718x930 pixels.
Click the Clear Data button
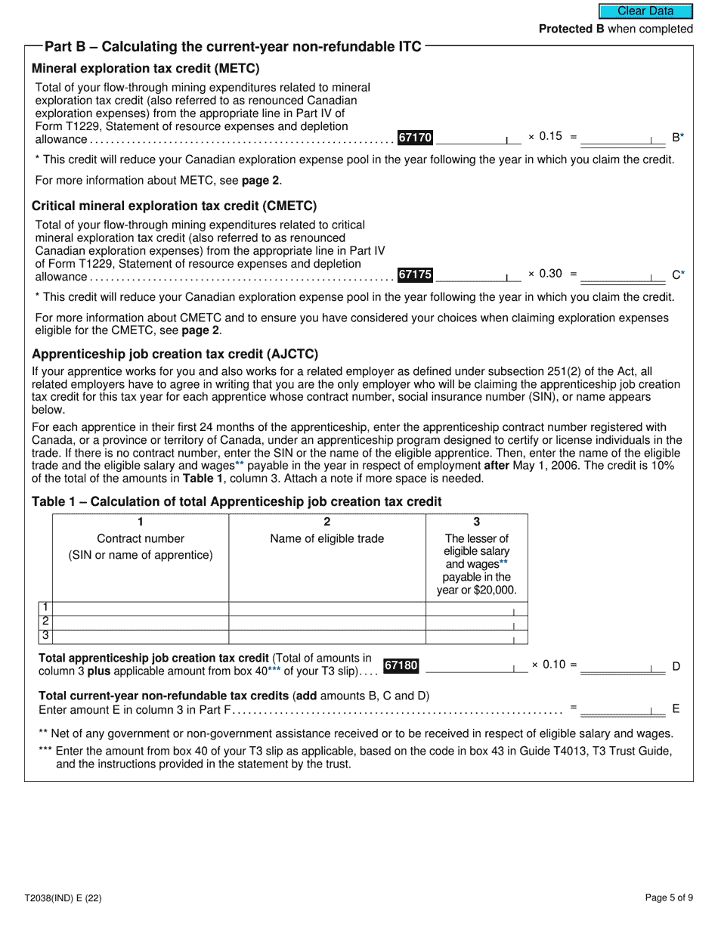click(x=645, y=11)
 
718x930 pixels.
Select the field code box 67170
click(x=415, y=138)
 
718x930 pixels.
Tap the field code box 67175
click(x=415, y=274)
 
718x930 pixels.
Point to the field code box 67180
click(x=401, y=665)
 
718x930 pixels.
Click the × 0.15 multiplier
click(x=545, y=137)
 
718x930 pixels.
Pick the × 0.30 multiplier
click(x=545, y=274)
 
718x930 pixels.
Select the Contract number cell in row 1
click(x=141, y=609)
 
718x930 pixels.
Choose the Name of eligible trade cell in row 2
click(x=327, y=622)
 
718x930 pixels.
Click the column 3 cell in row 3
click(x=476, y=637)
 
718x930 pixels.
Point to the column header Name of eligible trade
click(x=327, y=539)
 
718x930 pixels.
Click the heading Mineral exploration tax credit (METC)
click(x=145, y=69)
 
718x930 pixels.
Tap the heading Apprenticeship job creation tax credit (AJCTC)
click(x=175, y=354)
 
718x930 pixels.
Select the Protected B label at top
click(x=615, y=29)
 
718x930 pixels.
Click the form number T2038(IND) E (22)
click(x=63, y=898)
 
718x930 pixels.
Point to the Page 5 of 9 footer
click(x=669, y=898)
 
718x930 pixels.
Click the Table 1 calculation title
click(x=236, y=502)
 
